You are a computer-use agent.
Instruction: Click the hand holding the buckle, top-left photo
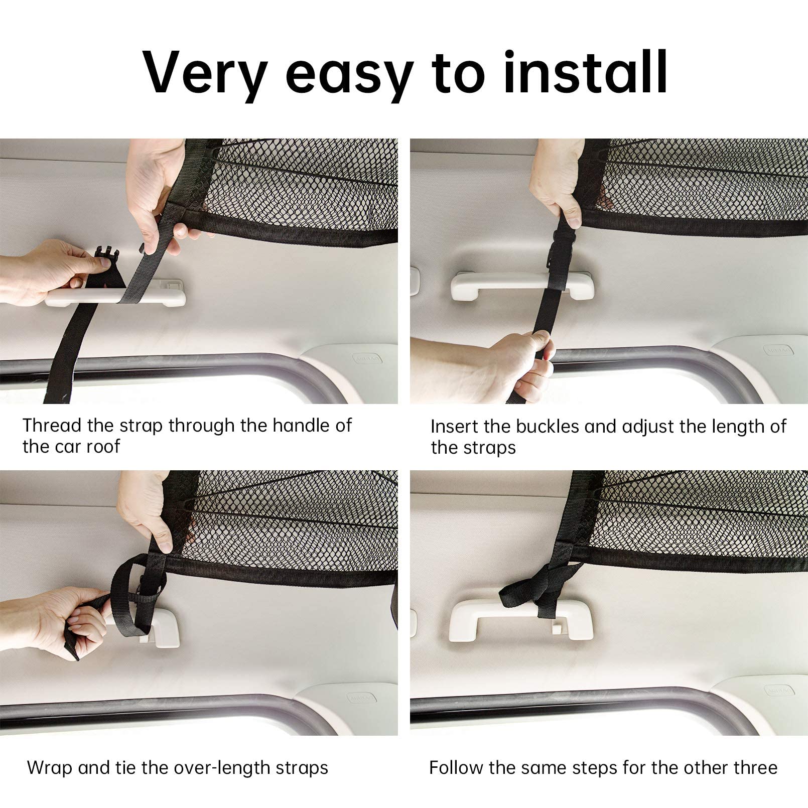click(45, 271)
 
